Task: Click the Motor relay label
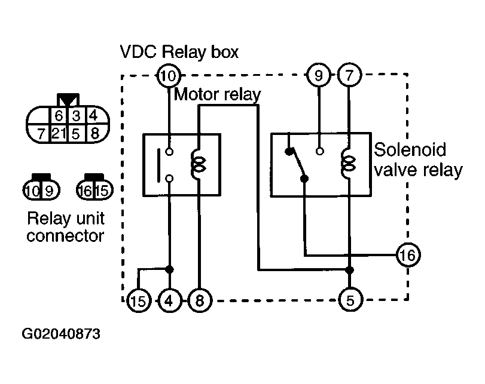pos(218,94)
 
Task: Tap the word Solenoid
pos(410,150)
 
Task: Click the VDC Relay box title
pos(179,51)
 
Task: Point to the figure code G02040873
pos(61,334)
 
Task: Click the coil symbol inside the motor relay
pos(199,164)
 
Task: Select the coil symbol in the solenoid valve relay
pos(348,164)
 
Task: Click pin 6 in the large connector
pos(59,116)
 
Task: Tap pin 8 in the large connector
pos(95,133)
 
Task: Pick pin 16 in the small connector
pos(86,191)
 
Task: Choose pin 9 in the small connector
pos(49,191)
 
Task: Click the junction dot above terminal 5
pos(349,271)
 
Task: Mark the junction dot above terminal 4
pos(169,269)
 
